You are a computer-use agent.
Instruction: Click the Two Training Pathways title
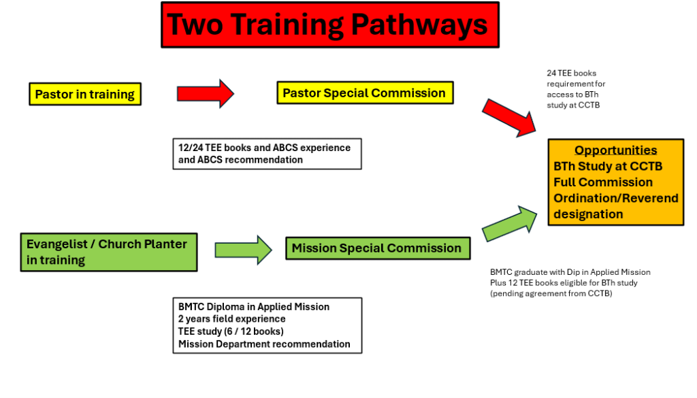click(x=329, y=24)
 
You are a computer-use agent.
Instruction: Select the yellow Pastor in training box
click(x=84, y=94)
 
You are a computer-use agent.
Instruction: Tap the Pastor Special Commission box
click(x=364, y=93)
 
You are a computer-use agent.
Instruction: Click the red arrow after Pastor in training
click(x=205, y=93)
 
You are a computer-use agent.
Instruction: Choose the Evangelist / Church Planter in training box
click(x=108, y=252)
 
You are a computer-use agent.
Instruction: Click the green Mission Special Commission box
click(x=376, y=248)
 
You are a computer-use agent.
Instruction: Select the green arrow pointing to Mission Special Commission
click(x=243, y=250)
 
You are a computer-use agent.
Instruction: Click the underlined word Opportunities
click(x=615, y=150)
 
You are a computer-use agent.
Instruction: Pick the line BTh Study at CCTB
click(x=608, y=166)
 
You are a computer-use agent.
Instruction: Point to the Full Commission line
click(x=602, y=182)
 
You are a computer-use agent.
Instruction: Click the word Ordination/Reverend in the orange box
click(x=615, y=198)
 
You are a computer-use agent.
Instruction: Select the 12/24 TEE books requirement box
click(x=266, y=154)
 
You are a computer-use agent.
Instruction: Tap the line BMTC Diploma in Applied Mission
click(x=254, y=307)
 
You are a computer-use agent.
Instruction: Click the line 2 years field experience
click(x=232, y=319)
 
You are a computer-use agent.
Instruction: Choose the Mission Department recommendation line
click(x=264, y=344)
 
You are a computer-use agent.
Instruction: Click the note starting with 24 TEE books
click(x=576, y=89)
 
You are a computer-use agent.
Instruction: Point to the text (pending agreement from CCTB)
click(x=551, y=293)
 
